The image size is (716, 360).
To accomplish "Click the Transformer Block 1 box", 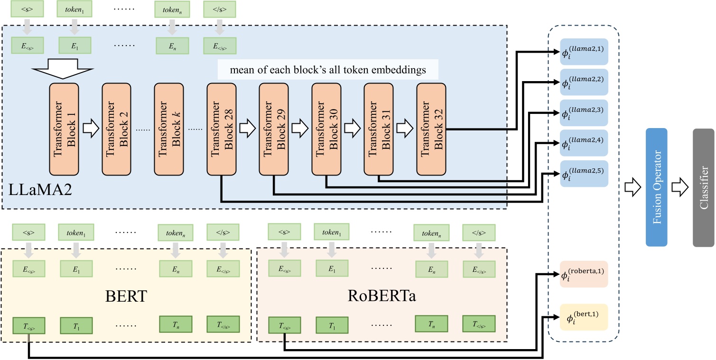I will point(64,129).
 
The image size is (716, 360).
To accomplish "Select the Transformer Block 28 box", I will point(221,129).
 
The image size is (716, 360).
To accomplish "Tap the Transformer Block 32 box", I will point(431,129).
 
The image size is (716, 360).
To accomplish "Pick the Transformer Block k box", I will point(168,129).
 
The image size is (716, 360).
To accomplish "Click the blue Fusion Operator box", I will point(657,187).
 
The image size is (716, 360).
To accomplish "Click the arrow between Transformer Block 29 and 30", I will point(299,129).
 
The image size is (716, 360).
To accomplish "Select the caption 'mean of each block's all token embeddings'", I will point(327,70).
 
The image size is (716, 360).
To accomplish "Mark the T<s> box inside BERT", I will point(28,326).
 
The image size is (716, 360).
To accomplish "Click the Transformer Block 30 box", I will point(326,129).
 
